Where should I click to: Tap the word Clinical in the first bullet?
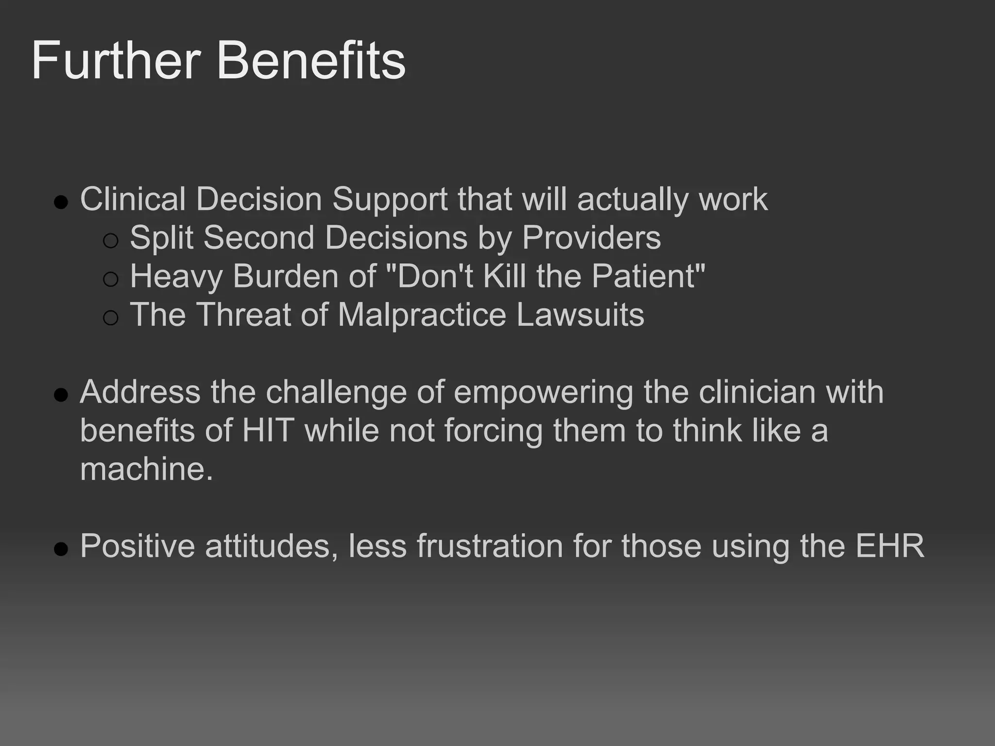[x=133, y=199]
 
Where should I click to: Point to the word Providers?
[x=591, y=238]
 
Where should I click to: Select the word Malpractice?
[x=422, y=315]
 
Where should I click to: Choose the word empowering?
[x=543, y=392]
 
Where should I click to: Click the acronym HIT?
[x=268, y=430]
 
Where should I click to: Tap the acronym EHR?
[x=890, y=546]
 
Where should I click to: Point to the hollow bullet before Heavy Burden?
[x=111, y=279]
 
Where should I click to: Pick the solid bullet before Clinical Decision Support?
[x=61, y=202]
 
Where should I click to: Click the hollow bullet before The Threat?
[x=111, y=318]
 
